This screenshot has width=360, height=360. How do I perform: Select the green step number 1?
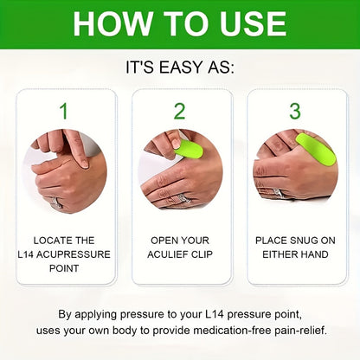[63, 111]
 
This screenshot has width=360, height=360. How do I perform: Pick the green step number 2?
[179, 111]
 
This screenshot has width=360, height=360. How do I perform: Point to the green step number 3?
[295, 111]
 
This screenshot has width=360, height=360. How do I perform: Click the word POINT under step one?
[63, 269]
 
